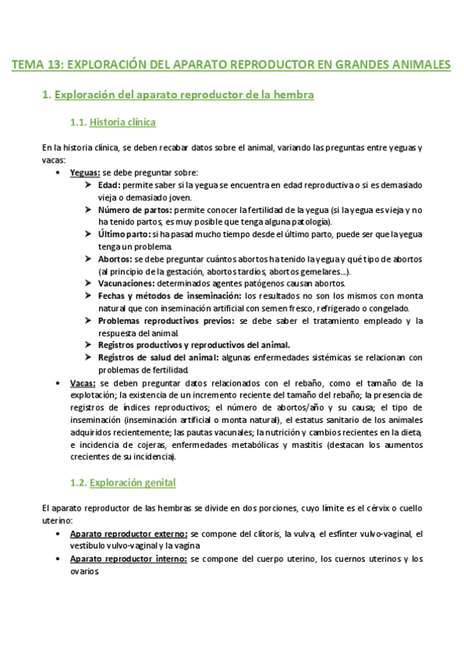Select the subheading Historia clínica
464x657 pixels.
122,122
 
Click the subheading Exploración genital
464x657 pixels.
132,483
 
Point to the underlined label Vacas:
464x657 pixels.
83,383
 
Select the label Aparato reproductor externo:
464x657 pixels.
128,534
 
